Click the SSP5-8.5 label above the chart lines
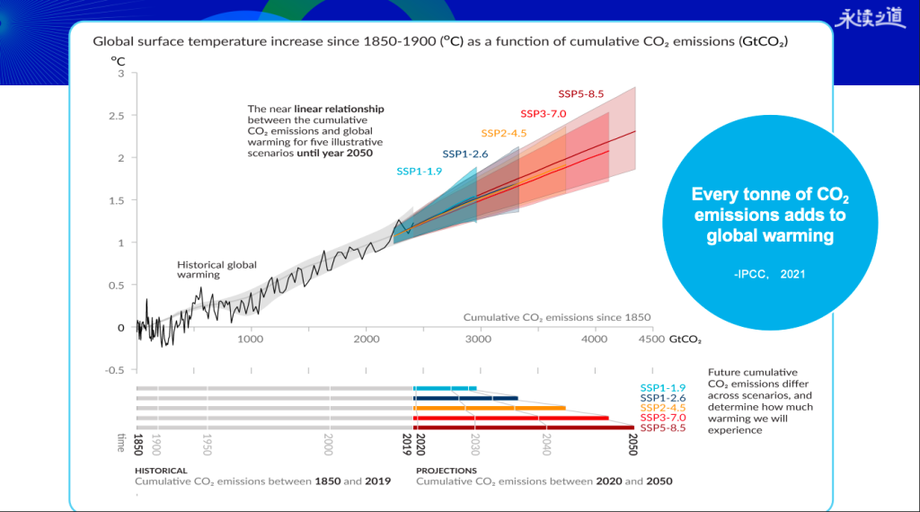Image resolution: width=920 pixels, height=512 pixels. tap(580, 93)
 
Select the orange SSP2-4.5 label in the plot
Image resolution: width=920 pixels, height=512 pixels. tap(503, 134)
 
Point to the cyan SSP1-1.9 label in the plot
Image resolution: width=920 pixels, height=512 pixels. tap(419, 171)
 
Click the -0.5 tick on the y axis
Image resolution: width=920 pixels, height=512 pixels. tap(115, 370)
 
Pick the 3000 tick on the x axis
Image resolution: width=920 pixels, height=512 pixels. tap(478, 340)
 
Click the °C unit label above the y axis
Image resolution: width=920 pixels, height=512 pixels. tap(118, 60)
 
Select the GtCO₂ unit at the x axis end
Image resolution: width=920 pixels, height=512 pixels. tap(686, 340)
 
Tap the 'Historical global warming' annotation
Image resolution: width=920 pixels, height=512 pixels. tap(217, 269)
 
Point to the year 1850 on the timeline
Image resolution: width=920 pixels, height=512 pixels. tap(138, 444)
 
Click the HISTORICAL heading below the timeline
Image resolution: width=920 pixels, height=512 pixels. tap(161, 470)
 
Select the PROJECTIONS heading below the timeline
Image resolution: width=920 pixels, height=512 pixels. tap(447, 470)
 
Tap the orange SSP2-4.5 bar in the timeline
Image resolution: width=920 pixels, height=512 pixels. tap(490, 407)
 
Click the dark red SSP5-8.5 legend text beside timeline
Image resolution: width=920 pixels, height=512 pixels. tap(662, 428)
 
